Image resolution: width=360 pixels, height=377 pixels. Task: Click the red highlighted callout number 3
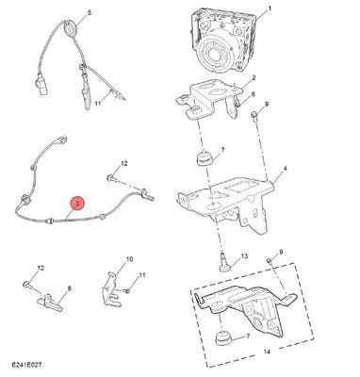coord(77,204)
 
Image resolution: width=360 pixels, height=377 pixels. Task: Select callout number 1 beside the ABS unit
coord(269,9)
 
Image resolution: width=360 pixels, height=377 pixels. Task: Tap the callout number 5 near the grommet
coord(90,13)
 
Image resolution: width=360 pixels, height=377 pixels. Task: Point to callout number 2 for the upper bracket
coord(254,77)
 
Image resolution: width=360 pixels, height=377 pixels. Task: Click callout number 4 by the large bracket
coord(285,169)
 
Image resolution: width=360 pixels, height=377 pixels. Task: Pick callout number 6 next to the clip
coord(254,94)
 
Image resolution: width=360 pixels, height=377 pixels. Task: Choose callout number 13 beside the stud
coord(244,256)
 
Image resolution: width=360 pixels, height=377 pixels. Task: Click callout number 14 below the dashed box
coord(267,352)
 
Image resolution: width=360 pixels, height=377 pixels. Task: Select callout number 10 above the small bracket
coord(129,259)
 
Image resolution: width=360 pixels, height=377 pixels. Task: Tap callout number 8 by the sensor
coord(69,288)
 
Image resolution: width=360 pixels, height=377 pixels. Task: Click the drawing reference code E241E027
coord(26,365)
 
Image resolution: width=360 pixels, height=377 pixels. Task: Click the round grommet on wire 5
coord(70,27)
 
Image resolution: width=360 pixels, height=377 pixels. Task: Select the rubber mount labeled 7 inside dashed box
coord(222,338)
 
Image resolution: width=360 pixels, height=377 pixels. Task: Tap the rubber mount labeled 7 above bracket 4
coord(204,157)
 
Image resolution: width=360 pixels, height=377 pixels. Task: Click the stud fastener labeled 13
coord(222,262)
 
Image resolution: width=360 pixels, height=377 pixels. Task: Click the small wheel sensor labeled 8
coord(50,303)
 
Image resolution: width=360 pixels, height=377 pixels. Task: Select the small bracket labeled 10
coord(111,289)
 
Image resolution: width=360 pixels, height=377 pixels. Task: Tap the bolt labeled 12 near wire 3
coord(110,178)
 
